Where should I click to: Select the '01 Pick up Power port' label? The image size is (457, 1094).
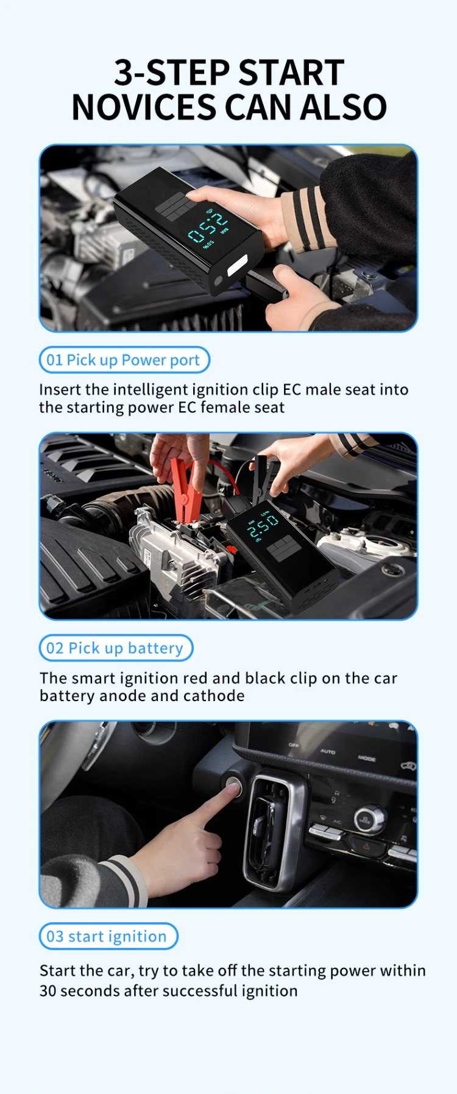[x=124, y=360]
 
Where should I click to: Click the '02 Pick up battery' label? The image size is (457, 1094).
[x=115, y=648]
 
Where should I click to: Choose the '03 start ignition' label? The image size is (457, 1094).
[x=107, y=936]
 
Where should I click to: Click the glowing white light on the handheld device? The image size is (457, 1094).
[x=237, y=265]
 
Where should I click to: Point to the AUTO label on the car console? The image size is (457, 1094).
[x=328, y=752]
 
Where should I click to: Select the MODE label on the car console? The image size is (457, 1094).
[x=367, y=758]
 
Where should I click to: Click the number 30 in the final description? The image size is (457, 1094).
[x=48, y=991]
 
